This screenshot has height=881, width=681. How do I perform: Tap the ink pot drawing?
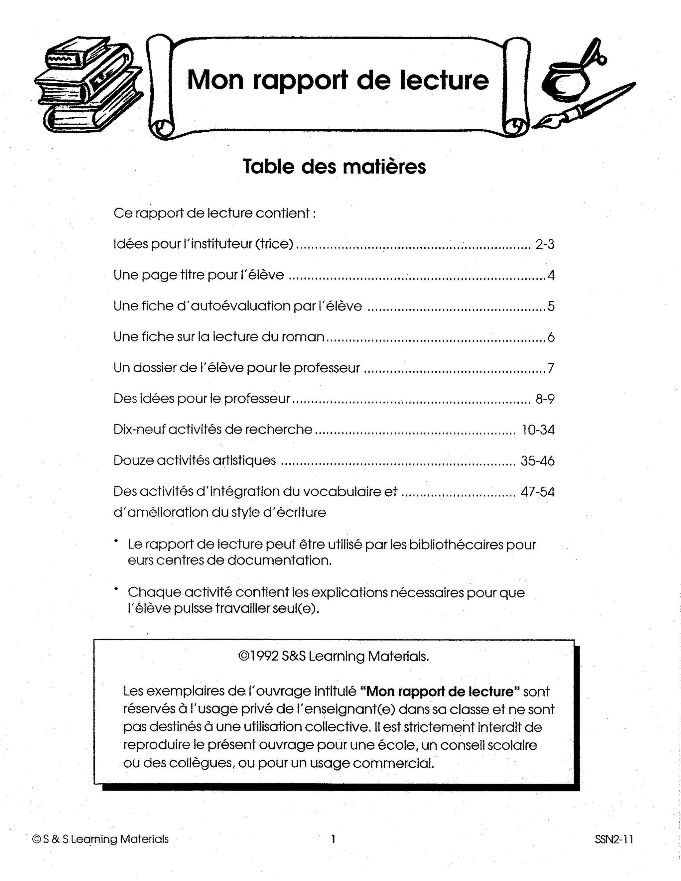tap(565, 81)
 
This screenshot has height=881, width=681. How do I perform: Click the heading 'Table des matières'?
tap(335, 167)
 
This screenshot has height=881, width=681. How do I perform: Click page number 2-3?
tap(545, 244)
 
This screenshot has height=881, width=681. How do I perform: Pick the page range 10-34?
tap(538, 430)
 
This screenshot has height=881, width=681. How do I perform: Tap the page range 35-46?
tap(537, 461)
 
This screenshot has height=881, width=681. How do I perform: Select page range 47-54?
tap(537, 492)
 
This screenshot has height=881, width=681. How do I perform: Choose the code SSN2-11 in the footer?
tap(613, 839)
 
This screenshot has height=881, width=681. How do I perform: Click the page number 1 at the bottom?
tap(333, 839)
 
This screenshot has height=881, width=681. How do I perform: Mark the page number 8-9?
tap(545, 399)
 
